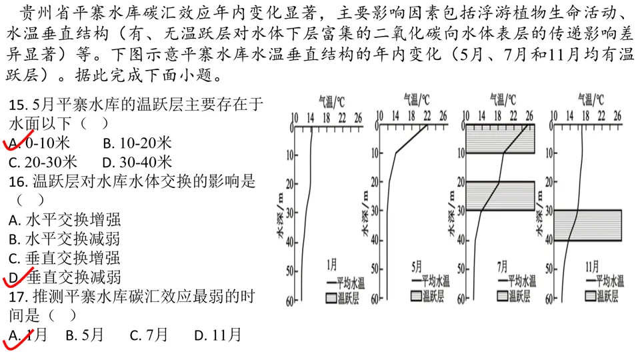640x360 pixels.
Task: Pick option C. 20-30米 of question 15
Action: [43, 162]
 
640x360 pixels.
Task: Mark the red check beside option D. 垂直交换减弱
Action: [16, 275]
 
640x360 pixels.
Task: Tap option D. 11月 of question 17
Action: [217, 335]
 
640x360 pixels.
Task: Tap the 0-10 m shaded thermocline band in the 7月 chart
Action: [500, 139]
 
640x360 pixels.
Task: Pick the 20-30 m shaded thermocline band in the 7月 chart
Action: [500, 196]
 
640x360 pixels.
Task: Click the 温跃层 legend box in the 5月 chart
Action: [418, 294]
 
